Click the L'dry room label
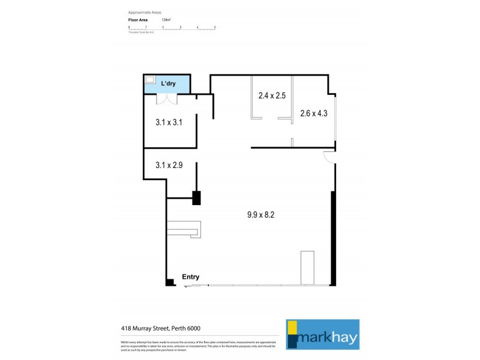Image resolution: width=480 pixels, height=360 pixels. tap(167, 83)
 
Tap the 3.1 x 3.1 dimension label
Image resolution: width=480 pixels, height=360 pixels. tap(169, 122)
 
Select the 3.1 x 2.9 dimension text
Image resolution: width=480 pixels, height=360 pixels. tap(169, 164)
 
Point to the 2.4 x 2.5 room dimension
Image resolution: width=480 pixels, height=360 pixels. tap(271, 95)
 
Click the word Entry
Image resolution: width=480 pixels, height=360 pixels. tap(190, 277)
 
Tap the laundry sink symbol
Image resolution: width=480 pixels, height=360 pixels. tap(150, 80)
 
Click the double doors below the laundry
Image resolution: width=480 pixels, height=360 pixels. tap(167, 100)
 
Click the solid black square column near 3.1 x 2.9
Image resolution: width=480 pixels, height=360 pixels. tap(196, 198)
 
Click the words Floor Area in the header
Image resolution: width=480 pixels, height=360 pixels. tap(138, 20)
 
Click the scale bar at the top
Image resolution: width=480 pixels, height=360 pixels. tap(172, 28)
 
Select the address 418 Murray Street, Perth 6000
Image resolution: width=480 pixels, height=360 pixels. tap(161, 328)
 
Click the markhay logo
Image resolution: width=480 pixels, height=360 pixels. tap(322, 334)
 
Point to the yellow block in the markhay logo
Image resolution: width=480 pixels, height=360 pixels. tap(292, 328)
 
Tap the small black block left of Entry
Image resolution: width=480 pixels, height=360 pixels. tap(170, 282)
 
